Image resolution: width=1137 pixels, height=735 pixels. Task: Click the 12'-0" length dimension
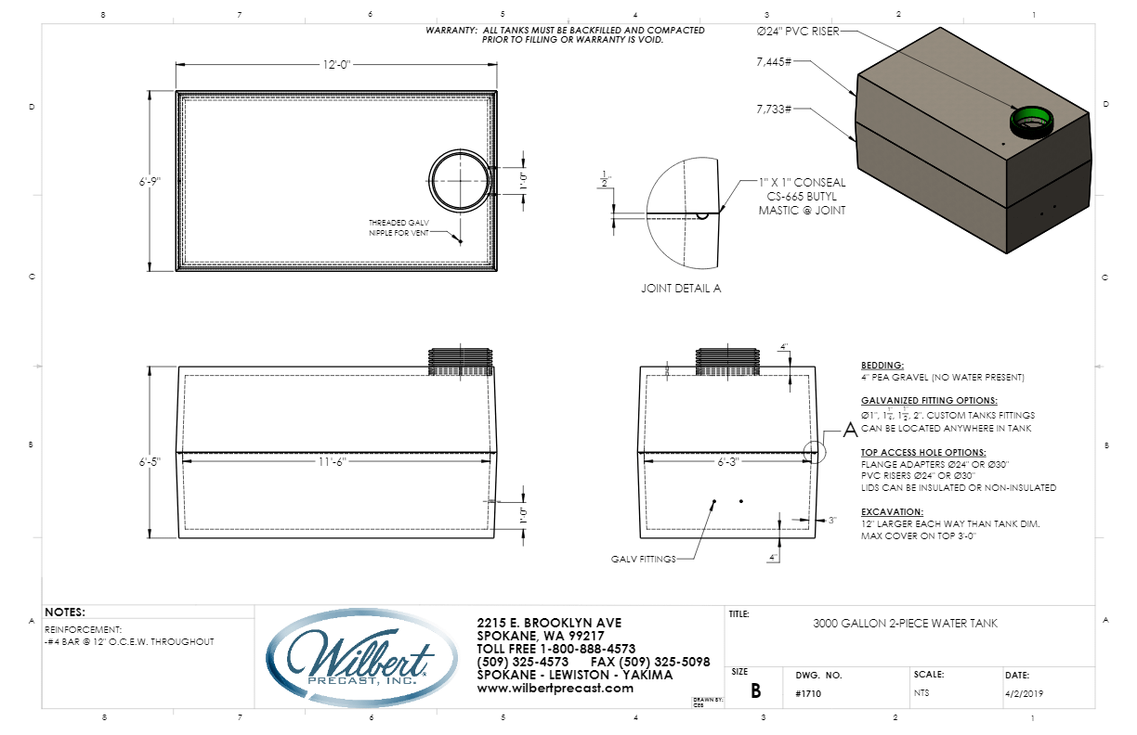(336, 64)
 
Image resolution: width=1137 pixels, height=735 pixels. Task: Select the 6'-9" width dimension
(147, 182)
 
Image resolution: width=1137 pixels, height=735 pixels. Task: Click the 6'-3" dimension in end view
(727, 462)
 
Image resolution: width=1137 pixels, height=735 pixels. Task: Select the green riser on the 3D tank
(1029, 119)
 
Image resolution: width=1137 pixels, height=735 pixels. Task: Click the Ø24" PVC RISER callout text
(798, 32)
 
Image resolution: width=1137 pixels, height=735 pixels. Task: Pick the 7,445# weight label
(774, 63)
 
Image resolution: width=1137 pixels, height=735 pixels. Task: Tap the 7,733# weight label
(774, 109)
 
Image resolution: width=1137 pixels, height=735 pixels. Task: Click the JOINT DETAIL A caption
(681, 289)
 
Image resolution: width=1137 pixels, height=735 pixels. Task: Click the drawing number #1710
(808, 693)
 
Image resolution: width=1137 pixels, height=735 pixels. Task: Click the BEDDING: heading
(882, 366)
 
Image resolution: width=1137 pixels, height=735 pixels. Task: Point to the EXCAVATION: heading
(892, 511)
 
